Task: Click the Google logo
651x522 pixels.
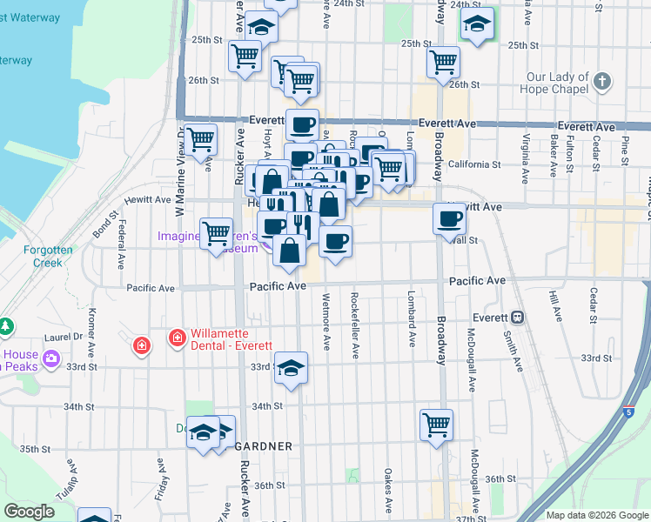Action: point(30,512)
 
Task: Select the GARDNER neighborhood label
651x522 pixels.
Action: point(264,446)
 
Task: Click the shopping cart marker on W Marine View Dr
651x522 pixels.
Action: point(202,138)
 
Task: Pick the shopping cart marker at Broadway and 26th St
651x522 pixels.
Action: point(444,62)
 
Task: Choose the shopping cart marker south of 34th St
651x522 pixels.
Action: point(436,425)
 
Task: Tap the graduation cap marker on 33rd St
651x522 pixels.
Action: point(292,368)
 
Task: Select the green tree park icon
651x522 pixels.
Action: point(7,326)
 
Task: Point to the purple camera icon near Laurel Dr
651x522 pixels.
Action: point(50,358)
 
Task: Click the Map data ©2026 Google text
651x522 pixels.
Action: point(595,515)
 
